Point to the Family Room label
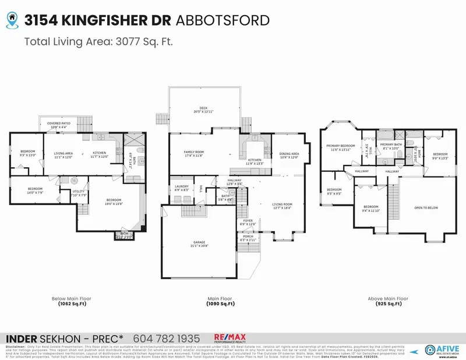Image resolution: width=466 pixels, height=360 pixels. [193, 153]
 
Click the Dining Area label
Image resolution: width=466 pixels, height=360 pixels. [289, 156]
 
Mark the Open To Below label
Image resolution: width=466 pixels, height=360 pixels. [426, 207]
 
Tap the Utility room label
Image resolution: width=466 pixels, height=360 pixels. [79, 193]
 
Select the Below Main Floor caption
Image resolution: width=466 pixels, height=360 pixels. [72, 299]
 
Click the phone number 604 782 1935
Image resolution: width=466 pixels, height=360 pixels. [167, 338]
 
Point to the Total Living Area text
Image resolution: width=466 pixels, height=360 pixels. [99, 41]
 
